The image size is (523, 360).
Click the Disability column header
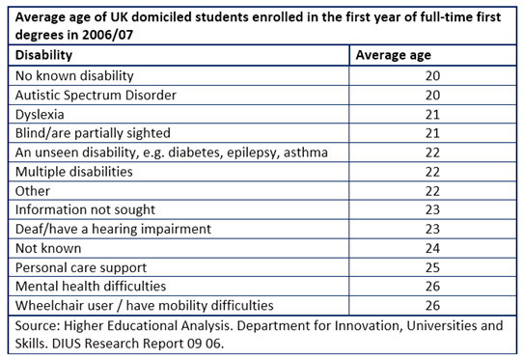[45, 55]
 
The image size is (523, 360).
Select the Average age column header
[396, 55]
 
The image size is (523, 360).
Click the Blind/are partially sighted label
[94, 132]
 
